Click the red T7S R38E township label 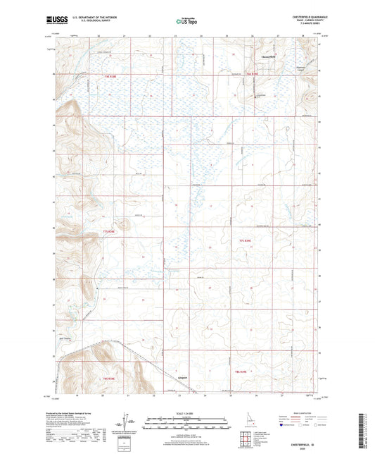click(108, 231)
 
